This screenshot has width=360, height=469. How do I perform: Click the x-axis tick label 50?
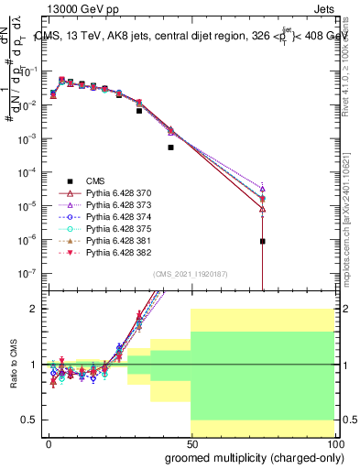tap(191, 443)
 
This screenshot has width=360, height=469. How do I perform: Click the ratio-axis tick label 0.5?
tap(31, 420)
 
